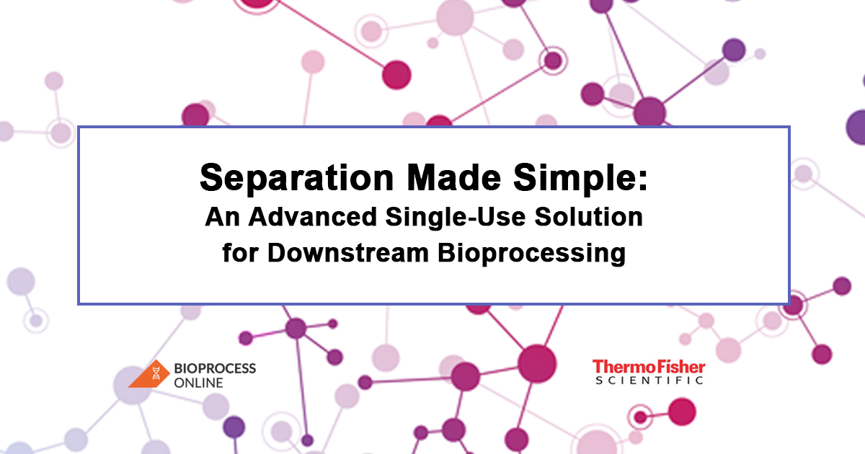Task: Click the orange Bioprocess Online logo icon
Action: pos(150,373)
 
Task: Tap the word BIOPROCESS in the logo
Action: pos(215,368)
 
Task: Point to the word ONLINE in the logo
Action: pos(198,383)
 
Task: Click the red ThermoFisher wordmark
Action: pos(648,368)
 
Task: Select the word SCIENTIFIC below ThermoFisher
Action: pos(648,380)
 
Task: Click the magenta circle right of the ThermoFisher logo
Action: pos(681,411)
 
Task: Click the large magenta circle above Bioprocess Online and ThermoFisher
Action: pos(537,359)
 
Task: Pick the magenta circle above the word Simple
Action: pos(396,74)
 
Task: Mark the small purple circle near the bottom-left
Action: pos(234,427)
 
